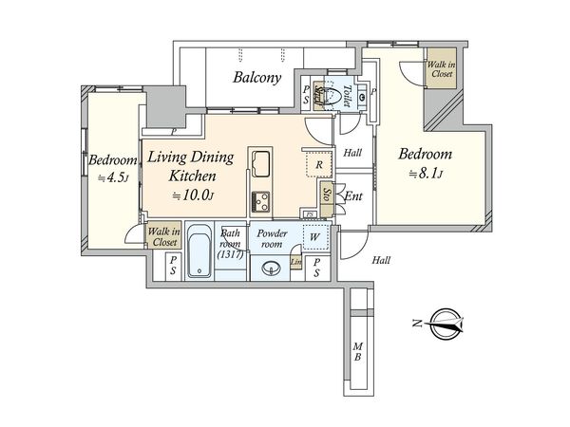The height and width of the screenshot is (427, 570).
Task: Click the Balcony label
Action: point(257,78)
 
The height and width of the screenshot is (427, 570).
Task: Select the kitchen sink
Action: point(260,163)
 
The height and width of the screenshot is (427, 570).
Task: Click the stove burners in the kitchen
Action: point(260,201)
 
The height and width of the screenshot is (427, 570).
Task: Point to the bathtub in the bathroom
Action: point(199,251)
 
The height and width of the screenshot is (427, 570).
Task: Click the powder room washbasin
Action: point(271,269)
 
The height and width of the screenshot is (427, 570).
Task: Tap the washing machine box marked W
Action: point(315,237)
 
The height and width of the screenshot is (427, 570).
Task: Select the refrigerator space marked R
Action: point(319,164)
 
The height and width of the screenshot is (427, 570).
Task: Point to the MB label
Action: point(358,351)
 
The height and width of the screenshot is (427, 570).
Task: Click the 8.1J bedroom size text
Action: point(426,174)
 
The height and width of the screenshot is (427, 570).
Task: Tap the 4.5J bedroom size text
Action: point(113,178)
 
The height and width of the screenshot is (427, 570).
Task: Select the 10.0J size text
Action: point(193,195)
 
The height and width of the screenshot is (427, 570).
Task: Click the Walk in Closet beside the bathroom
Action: point(164,236)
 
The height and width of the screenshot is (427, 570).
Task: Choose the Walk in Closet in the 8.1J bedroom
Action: point(442,68)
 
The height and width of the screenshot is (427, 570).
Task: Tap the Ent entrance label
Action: point(353,196)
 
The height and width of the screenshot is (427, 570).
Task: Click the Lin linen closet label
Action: point(295,262)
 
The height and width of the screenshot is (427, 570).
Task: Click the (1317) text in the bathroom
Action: point(230,255)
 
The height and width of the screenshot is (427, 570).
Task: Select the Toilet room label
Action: point(347,96)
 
